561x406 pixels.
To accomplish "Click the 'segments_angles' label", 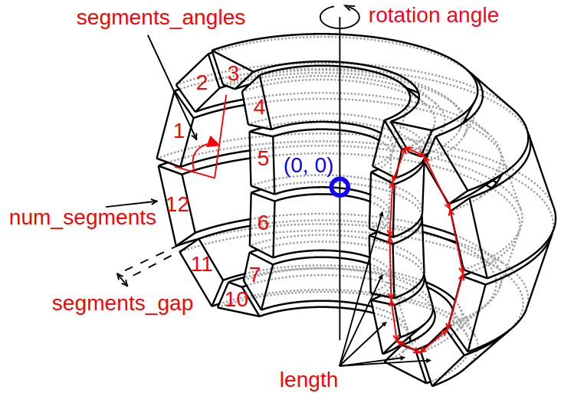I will [160, 18].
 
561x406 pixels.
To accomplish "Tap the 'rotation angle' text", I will [433, 15].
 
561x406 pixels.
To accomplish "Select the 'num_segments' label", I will [82, 218].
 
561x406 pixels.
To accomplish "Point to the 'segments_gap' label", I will [122, 303].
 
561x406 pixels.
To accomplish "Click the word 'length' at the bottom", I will [308, 379].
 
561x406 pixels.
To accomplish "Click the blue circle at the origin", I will [340, 187].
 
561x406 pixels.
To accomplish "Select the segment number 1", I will [179, 131].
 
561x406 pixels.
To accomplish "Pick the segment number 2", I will [202, 83].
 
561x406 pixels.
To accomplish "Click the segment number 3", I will [234, 74].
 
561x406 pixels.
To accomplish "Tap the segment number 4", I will [259, 107].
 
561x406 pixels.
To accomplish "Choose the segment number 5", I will [263, 159].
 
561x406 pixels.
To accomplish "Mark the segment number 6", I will [263, 223].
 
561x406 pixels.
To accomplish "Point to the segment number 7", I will [254, 274].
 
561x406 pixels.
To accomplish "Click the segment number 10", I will [236, 299].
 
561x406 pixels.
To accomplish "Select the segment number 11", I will [202, 264].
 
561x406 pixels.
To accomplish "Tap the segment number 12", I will [177, 205].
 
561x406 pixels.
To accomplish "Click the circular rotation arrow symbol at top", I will [340, 16].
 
